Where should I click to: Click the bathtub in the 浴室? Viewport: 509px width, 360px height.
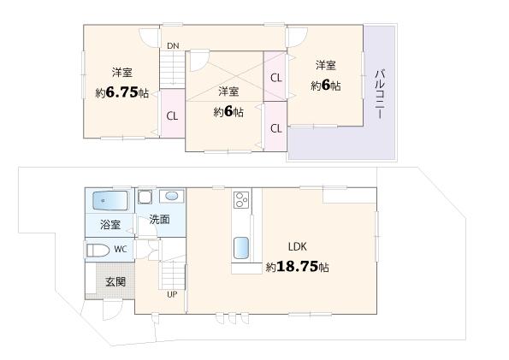109,201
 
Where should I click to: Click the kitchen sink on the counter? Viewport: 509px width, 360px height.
241,249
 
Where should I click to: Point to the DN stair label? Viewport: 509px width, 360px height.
173,45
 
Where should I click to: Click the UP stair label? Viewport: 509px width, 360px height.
172,294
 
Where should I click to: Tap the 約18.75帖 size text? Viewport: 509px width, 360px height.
297,267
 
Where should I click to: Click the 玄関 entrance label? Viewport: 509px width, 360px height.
115,280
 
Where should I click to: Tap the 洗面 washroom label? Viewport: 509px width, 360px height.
159,220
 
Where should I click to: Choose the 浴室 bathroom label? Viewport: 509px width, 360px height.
110,225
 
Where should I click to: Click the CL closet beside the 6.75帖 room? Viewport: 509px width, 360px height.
172,115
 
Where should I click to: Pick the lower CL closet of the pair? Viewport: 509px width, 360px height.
275,128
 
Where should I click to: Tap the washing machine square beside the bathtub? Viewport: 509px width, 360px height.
144,196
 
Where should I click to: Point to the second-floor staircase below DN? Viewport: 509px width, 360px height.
174,67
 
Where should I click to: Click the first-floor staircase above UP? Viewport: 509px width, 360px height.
173,274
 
